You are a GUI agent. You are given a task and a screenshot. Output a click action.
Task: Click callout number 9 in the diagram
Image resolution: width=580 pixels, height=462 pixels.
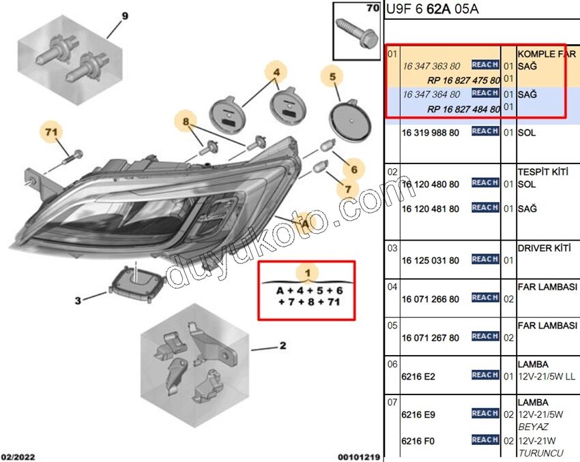pyautogui.click(x=124, y=16)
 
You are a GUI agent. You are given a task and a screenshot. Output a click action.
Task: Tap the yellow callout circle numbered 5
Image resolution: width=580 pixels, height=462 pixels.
pyautogui.click(x=333, y=78)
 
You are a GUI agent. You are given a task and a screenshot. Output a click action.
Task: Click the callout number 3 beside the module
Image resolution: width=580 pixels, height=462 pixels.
pyautogui.click(x=78, y=301)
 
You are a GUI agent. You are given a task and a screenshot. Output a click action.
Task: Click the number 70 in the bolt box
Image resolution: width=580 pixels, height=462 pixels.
pyautogui.click(x=372, y=9)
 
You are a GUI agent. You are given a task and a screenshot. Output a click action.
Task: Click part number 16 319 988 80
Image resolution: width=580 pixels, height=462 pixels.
pyautogui.click(x=431, y=132)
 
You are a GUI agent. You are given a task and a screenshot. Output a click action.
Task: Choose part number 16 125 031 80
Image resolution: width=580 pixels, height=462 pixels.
pyautogui.click(x=431, y=260)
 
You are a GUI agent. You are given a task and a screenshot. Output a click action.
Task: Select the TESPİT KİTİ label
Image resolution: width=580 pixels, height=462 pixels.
pyautogui.click(x=543, y=172)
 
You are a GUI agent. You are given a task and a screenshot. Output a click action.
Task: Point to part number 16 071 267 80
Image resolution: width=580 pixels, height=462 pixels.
pyautogui.click(x=431, y=337)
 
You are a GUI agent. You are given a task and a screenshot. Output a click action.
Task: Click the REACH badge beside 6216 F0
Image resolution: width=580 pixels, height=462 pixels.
pyautogui.click(x=484, y=440)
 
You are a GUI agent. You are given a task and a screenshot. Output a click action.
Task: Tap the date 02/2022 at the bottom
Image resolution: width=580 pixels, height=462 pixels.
pyautogui.click(x=19, y=457)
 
